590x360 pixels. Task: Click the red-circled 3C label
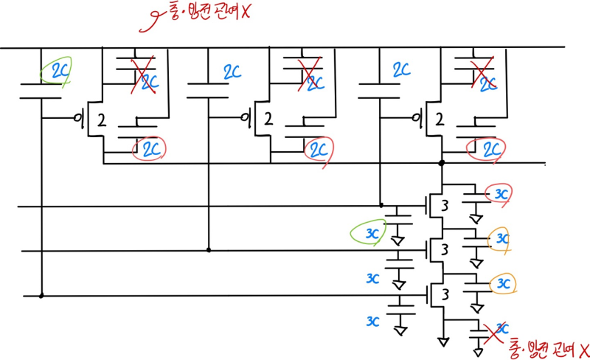(x=502, y=194)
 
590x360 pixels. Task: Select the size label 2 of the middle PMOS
(x=268, y=119)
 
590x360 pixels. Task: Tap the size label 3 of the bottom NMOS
(x=445, y=294)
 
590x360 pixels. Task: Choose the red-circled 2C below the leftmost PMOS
(x=150, y=148)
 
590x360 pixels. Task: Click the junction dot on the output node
(x=442, y=163)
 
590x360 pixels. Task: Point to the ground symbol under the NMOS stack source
(x=442, y=342)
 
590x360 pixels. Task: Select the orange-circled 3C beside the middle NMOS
(x=502, y=238)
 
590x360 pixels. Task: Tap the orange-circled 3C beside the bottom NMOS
(x=504, y=283)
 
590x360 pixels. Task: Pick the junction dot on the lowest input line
(x=41, y=296)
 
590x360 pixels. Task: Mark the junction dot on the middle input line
(x=209, y=250)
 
